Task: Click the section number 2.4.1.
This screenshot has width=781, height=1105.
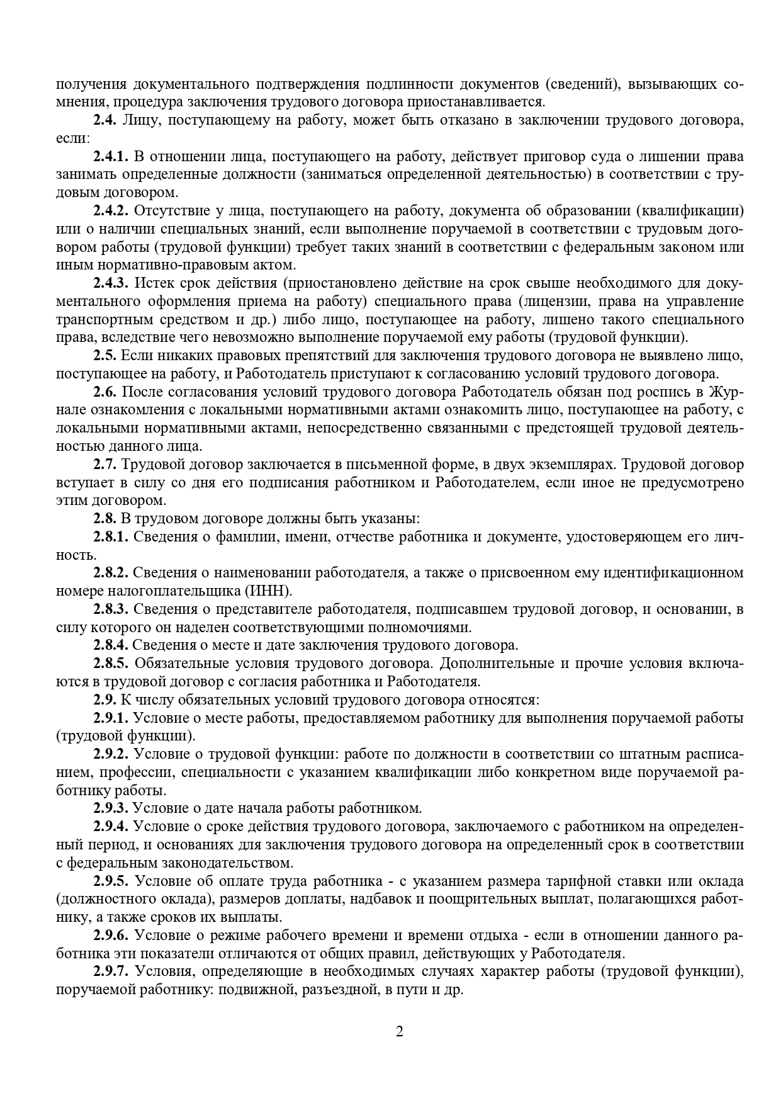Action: point(111,156)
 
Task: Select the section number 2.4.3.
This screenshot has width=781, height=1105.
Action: point(111,283)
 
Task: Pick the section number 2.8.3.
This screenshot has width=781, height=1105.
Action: point(111,609)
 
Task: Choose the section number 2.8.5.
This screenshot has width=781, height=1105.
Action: point(111,664)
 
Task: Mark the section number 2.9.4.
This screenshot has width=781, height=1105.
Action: point(111,826)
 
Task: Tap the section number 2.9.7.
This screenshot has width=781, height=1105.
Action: point(111,971)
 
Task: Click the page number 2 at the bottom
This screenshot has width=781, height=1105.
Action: point(399,1031)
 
